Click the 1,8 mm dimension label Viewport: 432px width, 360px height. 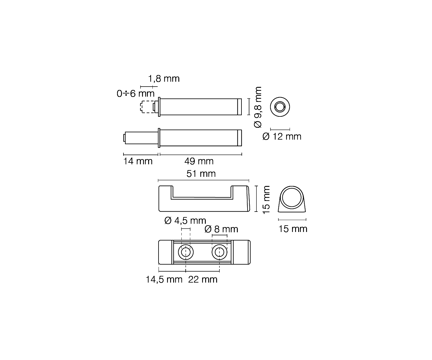(164, 79)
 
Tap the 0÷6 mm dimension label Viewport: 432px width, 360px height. (136, 94)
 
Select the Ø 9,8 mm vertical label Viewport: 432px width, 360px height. (258, 107)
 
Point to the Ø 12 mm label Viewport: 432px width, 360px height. (282, 137)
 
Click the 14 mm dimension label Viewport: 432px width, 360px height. (138, 161)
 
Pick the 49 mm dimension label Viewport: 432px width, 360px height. (199, 161)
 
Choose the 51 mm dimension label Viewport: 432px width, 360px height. (201, 173)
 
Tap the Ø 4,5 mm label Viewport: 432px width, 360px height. (185, 221)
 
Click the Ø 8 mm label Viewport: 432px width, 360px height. (221, 229)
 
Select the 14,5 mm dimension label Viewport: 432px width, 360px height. (164, 280)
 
